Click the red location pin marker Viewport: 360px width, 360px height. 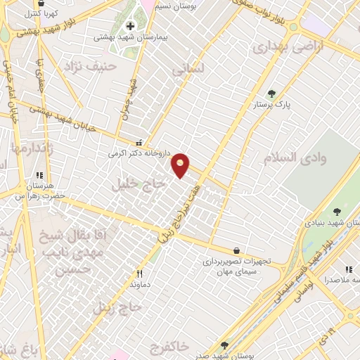[181, 165]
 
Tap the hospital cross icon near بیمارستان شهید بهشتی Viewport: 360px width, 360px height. [131, 27]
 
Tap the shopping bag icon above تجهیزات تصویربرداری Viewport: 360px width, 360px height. [236, 250]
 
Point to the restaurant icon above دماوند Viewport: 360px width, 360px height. [139, 274]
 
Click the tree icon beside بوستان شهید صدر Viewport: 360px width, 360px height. [224, 345]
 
